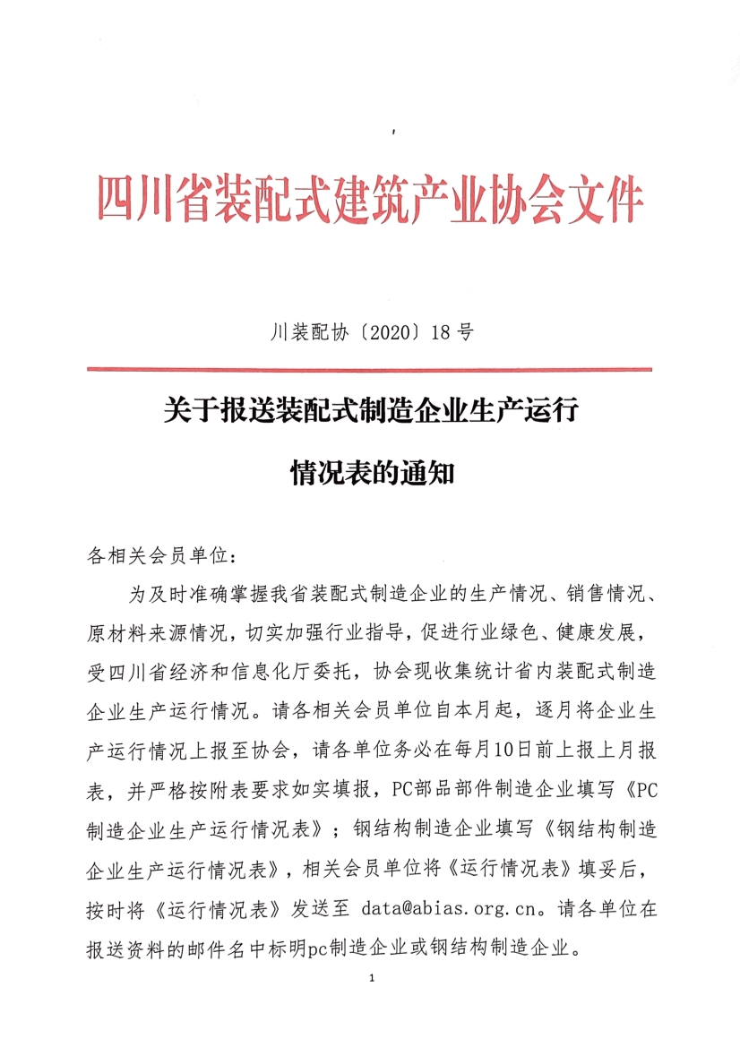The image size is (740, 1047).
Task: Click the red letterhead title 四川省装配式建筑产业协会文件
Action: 369,200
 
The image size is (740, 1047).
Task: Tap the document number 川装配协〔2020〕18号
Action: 370,333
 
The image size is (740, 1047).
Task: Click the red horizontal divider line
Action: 369,369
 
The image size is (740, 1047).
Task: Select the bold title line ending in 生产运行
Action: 369,413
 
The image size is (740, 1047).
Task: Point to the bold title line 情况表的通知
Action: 369,471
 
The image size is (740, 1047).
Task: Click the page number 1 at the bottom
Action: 370,978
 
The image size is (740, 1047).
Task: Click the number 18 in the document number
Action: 440,333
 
